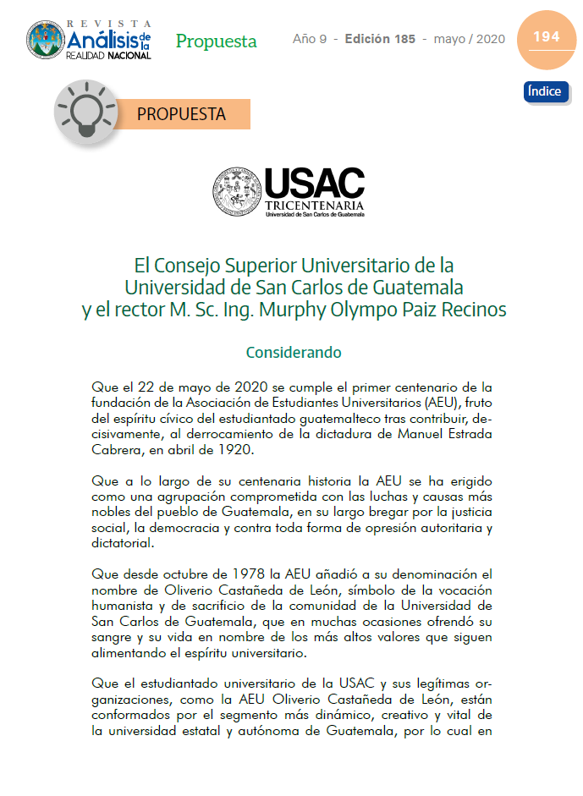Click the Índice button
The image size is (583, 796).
pyautogui.click(x=545, y=91)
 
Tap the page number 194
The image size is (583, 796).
pyautogui.click(x=546, y=37)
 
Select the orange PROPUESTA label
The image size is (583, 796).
pyautogui.click(x=181, y=114)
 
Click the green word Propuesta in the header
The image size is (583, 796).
pyautogui.click(x=216, y=41)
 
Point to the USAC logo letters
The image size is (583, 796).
pyautogui.click(x=314, y=183)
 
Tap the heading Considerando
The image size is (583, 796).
pyautogui.click(x=293, y=352)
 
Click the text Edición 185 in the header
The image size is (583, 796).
pyautogui.click(x=380, y=40)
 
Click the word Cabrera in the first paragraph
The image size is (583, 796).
pyautogui.click(x=117, y=449)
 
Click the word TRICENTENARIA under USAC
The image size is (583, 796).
pyautogui.click(x=314, y=206)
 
